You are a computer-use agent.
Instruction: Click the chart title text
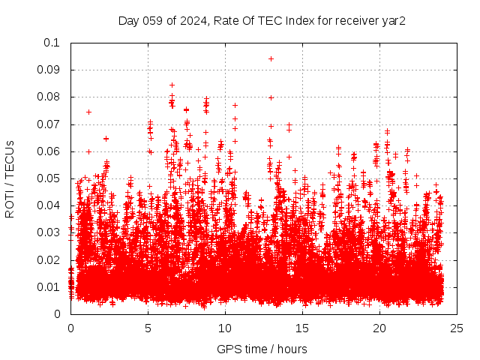coord(262,21)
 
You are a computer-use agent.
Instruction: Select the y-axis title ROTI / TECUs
coord(10,178)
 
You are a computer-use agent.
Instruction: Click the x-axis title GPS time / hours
coord(262,349)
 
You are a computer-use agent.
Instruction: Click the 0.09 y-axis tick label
coord(49,70)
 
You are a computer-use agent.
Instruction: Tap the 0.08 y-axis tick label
coord(49,97)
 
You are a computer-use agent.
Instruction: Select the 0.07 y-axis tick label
coord(49,124)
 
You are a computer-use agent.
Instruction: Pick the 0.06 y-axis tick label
coord(49,151)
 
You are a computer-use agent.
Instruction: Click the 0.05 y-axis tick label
coord(49,178)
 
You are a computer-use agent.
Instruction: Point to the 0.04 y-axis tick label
coord(49,205)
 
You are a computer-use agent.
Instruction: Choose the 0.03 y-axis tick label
coord(49,232)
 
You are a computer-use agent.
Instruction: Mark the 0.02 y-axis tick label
coord(49,260)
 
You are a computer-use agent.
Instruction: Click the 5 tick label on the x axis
coord(148,328)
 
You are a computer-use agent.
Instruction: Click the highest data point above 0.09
coord(271,58)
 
